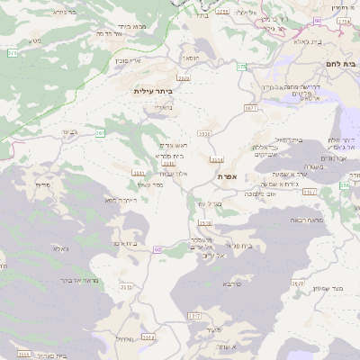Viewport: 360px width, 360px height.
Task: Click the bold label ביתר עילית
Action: [x=152, y=91]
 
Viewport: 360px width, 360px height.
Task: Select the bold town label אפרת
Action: [x=227, y=177]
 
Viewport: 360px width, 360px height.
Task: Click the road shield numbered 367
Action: [x=101, y=133]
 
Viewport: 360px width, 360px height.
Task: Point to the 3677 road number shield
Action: [x=250, y=107]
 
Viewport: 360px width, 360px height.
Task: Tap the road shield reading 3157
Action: [x=310, y=192]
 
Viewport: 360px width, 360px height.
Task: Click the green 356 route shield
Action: [x=345, y=184]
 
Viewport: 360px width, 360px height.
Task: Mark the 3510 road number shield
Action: [x=204, y=223]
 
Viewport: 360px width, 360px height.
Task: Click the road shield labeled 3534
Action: [x=216, y=159]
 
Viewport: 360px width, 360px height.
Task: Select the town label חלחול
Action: [x=125, y=339]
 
